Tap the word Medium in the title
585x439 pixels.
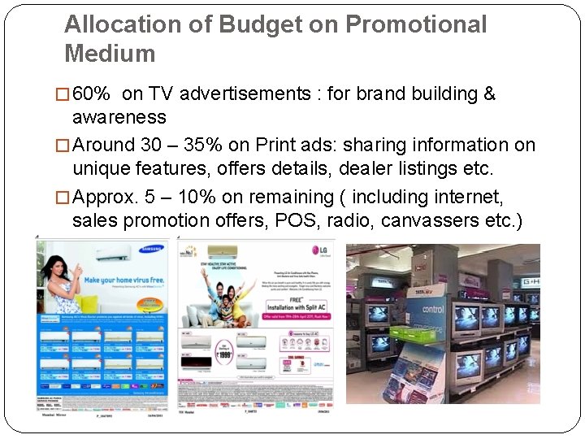pyautogui.click(x=110, y=54)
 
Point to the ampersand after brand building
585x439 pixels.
pyautogui.click(x=489, y=93)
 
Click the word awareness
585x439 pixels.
pyautogui.click(x=119, y=117)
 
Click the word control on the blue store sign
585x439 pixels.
pyautogui.click(x=432, y=309)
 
